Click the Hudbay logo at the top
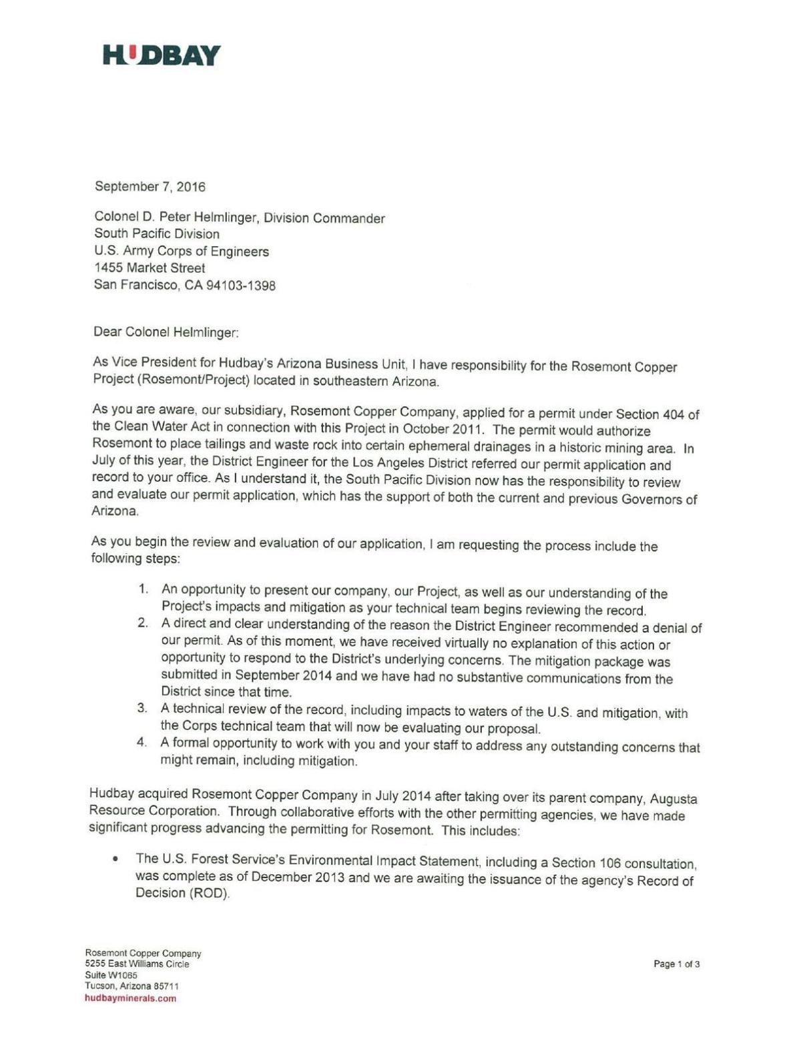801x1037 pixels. pos(162,55)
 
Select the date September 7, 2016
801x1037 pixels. pos(150,187)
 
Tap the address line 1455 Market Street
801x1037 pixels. pos(150,268)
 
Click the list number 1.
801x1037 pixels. pos(142,589)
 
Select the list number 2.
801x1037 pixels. pos(142,623)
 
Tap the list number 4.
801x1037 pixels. pos(142,743)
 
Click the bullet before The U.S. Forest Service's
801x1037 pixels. pos(117,859)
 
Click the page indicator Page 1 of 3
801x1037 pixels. pos(676,964)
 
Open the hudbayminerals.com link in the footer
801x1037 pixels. pos(130,998)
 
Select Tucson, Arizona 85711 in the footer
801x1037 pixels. pos(131,986)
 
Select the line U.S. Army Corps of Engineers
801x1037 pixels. pos(182,252)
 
